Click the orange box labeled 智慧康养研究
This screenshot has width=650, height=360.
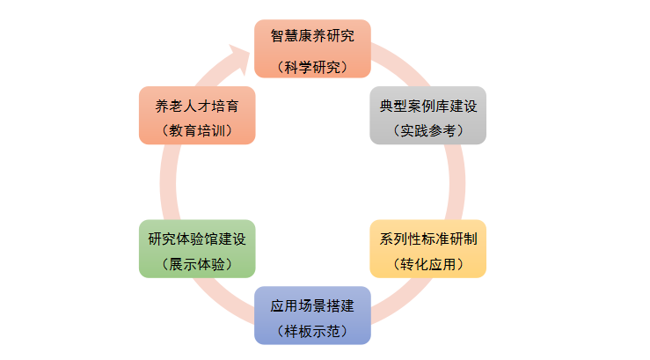coord(312,48)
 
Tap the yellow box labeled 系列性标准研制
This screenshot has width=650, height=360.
coord(427,248)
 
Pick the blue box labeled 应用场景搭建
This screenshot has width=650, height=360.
coord(312,315)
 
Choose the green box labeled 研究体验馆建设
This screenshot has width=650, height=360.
coord(197,248)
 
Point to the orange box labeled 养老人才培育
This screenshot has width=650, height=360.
coord(197,115)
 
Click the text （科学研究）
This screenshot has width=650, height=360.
coord(312,67)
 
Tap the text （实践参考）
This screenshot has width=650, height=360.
coord(427,131)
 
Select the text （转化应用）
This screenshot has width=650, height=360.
coord(427,264)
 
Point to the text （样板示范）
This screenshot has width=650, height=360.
coord(312,332)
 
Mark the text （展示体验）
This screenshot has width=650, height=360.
coord(197,264)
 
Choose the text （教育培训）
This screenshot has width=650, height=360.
coord(197,131)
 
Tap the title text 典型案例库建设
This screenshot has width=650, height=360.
coord(427,106)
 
